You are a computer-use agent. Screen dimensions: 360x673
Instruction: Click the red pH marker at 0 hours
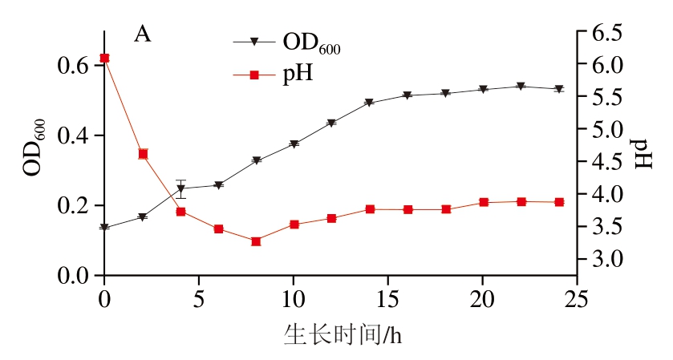tap(104, 58)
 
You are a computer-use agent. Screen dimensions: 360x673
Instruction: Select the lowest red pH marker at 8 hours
tap(256, 241)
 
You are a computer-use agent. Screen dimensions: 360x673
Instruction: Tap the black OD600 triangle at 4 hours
tap(180, 189)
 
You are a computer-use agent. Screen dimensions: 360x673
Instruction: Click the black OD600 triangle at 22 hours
tap(521, 87)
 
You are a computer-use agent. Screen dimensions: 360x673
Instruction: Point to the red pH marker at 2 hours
tap(143, 154)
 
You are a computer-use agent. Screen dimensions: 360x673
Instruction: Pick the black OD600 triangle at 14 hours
tap(369, 103)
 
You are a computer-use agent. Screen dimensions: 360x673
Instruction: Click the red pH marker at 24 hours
tap(558, 202)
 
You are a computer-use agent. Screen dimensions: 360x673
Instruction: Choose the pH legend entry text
tap(297, 75)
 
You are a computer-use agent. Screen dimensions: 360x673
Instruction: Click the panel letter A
tap(142, 34)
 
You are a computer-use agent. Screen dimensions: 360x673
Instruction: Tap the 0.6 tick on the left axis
tap(73, 66)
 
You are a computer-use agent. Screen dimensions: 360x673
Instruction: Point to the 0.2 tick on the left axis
tap(73, 206)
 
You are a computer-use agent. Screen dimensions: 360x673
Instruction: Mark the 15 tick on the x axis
tap(387, 299)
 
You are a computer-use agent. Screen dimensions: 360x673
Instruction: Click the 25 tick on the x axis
tap(577, 299)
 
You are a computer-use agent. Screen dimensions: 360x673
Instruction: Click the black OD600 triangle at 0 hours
tap(104, 228)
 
